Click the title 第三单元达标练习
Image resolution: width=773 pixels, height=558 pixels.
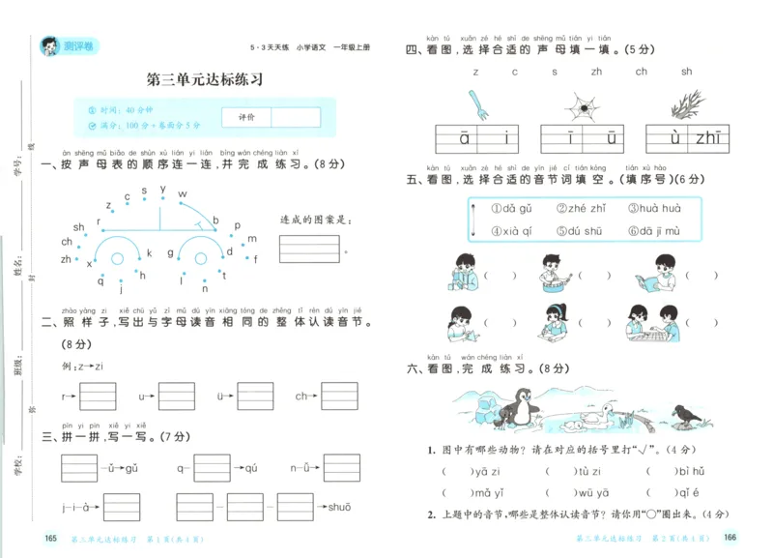click(204, 79)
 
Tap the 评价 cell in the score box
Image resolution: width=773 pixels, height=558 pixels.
click(245, 117)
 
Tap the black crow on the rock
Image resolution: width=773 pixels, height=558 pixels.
click(689, 415)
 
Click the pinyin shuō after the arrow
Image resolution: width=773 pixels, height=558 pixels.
click(339, 507)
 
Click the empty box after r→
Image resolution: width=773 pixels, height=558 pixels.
click(98, 396)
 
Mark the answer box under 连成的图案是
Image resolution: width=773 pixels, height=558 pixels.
click(302, 250)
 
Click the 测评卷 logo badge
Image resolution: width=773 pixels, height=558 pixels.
click(67, 45)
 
